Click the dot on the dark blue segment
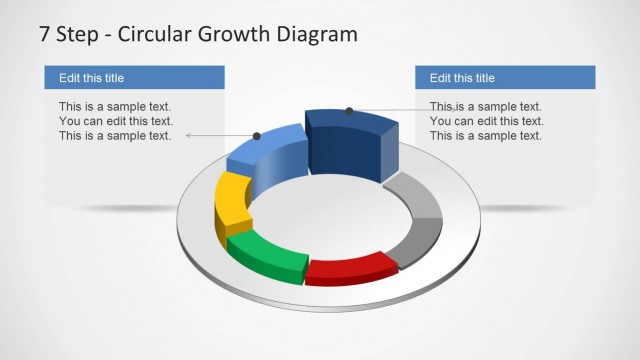[x=349, y=111]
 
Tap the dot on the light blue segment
[x=257, y=135]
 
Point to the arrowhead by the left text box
[x=189, y=135]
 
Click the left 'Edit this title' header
[x=92, y=78]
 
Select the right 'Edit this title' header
[x=462, y=78]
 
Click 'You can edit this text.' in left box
[x=115, y=121]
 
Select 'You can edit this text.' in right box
[x=486, y=121]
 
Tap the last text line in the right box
[x=486, y=136]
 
